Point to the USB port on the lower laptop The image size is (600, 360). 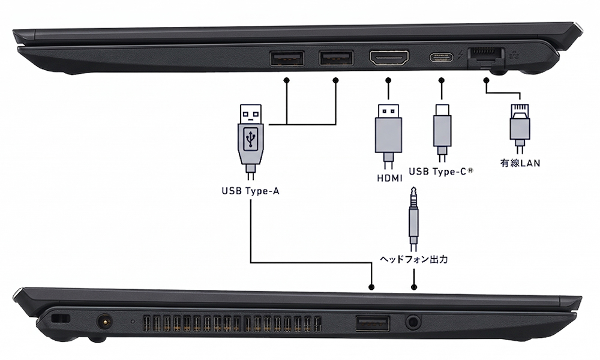pos(372,323)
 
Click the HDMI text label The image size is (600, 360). pos(388,178)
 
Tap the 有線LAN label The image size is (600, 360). pos(520,162)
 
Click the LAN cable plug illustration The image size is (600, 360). pos(519,127)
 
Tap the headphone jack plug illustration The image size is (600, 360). pos(413,219)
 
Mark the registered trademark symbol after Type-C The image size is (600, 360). pos(471,170)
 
